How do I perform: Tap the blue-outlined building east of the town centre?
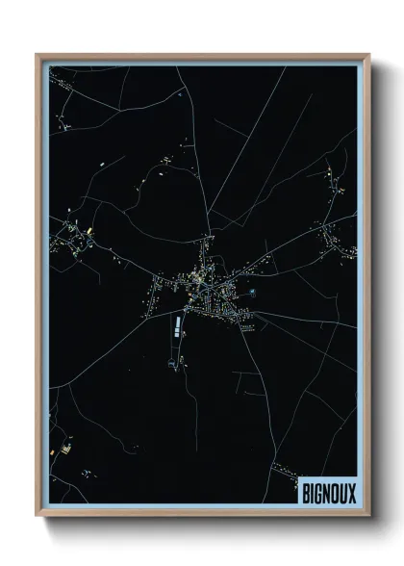click(253, 290)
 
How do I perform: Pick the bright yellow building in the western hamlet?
click(88, 232)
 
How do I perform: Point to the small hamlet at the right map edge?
click(337, 241)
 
